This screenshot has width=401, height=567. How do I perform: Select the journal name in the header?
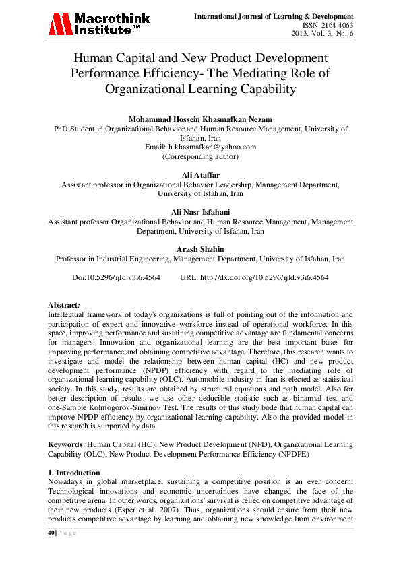point(273,15)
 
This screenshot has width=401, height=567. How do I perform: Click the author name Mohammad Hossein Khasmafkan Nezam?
point(200,119)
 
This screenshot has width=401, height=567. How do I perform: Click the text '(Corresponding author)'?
point(200,156)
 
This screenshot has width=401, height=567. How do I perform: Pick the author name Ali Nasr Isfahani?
point(200,212)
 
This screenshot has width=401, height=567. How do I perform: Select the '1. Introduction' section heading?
point(74,473)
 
